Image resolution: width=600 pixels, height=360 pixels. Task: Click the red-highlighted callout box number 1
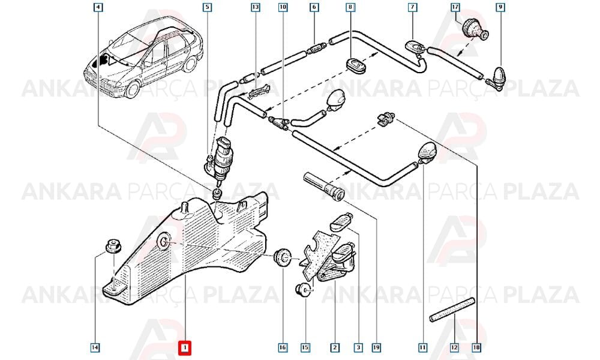(185, 348)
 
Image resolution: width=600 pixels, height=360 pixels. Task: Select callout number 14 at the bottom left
(95, 348)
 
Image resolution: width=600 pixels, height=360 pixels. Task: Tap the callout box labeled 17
(455, 7)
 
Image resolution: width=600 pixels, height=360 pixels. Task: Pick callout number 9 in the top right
(500, 7)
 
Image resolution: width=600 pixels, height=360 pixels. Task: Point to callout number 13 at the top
(256, 7)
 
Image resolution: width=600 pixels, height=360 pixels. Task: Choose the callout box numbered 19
(376, 348)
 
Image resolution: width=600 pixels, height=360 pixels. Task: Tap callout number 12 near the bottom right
(454, 348)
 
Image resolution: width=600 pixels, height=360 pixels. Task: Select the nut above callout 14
(113, 246)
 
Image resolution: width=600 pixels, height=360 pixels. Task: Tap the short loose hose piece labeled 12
(452, 310)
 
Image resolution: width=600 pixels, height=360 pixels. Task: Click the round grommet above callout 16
(283, 256)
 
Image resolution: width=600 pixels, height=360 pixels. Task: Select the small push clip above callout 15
(304, 290)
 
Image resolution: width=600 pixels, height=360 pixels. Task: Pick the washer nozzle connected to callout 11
(427, 151)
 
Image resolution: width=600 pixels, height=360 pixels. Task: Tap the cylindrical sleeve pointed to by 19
(324, 186)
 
